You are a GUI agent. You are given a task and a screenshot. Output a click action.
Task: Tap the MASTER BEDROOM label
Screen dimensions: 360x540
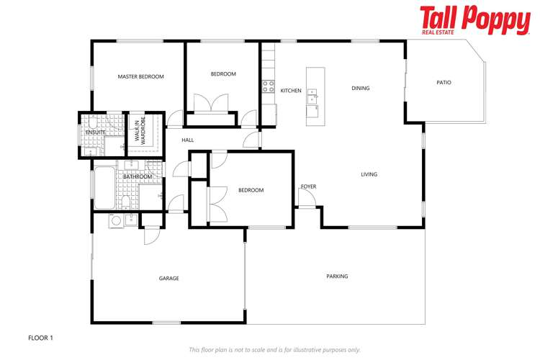(141, 76)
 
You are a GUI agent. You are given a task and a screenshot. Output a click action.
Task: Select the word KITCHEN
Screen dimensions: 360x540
(291, 91)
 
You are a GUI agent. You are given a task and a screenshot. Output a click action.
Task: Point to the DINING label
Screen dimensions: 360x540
(360, 89)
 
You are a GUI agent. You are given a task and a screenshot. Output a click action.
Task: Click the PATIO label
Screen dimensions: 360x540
(444, 83)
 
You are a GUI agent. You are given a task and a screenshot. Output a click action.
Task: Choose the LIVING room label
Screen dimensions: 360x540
(369, 174)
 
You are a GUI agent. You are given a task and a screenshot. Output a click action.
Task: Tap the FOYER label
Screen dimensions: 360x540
(308, 186)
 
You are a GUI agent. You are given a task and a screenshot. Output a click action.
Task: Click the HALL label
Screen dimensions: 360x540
(187, 140)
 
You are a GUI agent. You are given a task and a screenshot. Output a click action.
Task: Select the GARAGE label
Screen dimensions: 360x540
(168, 278)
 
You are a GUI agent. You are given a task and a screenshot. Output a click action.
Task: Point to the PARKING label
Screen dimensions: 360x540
(337, 276)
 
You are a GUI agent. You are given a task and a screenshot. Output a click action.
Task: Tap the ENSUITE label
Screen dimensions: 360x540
(96, 132)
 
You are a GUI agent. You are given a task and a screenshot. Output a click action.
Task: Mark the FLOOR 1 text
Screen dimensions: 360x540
(40, 337)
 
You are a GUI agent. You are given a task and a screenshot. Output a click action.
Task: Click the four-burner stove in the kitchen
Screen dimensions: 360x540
(268, 86)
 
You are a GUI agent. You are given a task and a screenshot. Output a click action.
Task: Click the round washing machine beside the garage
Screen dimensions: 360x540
(115, 220)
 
